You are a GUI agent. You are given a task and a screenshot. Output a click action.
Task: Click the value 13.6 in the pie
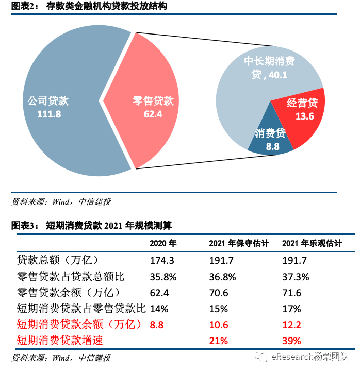(x=304, y=116)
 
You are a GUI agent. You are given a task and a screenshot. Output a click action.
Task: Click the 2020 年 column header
(x=163, y=244)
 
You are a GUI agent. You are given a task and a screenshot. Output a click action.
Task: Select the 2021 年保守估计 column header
(x=239, y=244)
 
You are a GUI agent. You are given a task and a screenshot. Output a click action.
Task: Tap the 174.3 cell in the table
(x=162, y=261)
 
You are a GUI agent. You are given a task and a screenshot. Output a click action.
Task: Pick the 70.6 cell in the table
(x=218, y=293)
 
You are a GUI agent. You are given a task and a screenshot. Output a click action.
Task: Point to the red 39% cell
(x=291, y=341)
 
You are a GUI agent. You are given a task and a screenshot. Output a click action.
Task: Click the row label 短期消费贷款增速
(x=64, y=341)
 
